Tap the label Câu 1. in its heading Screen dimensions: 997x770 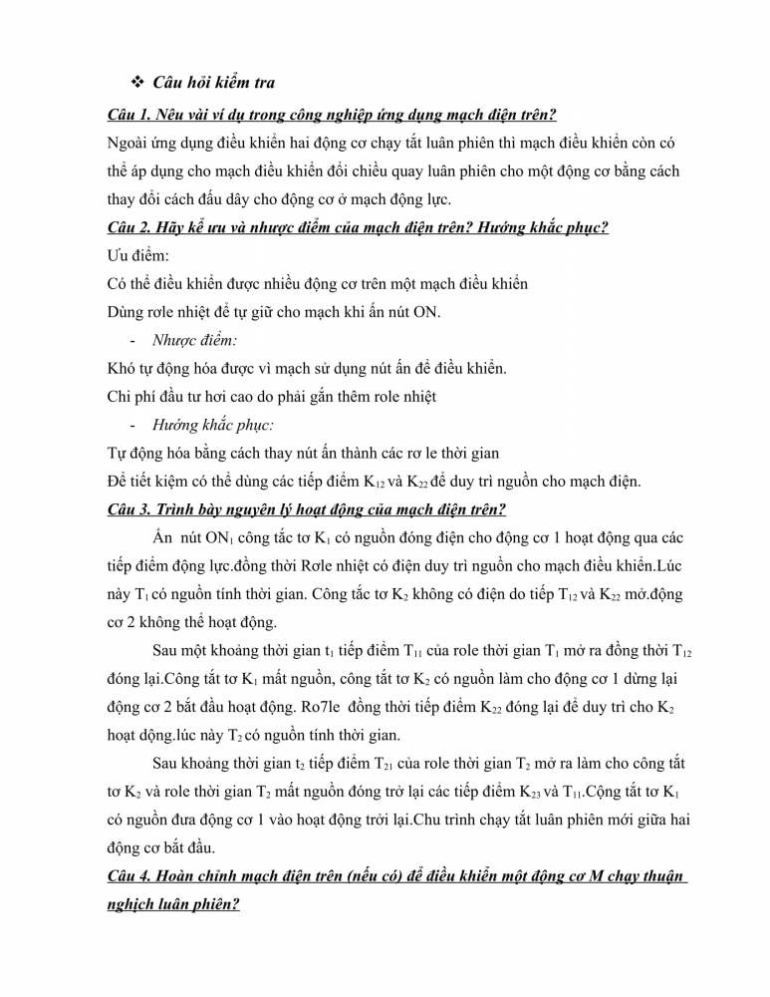130,114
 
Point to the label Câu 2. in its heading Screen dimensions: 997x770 130,227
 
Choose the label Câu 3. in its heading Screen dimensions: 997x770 130,510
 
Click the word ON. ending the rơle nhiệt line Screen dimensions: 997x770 426,312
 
